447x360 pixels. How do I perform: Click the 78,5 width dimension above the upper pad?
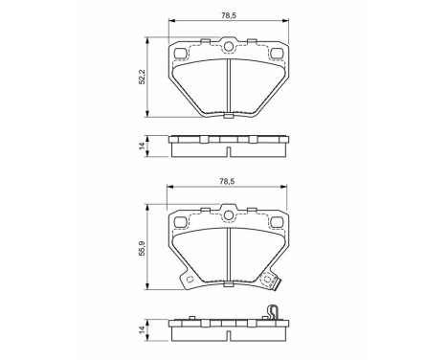228,14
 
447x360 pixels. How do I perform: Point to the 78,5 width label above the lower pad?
228,181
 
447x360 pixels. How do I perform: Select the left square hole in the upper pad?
180,54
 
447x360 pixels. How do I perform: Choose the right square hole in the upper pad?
277,54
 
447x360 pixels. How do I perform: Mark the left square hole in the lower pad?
180,221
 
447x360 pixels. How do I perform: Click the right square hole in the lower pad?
277,221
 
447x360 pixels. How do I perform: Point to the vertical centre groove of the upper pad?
228,86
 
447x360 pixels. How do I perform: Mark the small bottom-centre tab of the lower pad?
228,284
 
